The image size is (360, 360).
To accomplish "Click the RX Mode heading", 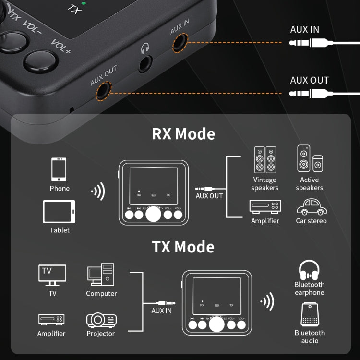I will (x=183, y=134).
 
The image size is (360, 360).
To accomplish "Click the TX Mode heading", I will (x=183, y=247).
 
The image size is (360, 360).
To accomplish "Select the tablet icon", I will (x=59, y=212).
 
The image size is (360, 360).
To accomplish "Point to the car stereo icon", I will (x=311, y=207).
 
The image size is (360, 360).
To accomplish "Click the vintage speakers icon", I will (x=264, y=160).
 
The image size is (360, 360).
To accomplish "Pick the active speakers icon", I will (x=310, y=159).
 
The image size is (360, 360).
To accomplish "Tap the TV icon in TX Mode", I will (x=52, y=275).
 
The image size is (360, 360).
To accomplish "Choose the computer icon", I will (x=101, y=275).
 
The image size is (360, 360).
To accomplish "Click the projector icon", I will (x=101, y=320).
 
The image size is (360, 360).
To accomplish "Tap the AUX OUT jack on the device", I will (x=103, y=91).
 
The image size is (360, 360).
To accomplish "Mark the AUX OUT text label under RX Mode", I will (x=209, y=196).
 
